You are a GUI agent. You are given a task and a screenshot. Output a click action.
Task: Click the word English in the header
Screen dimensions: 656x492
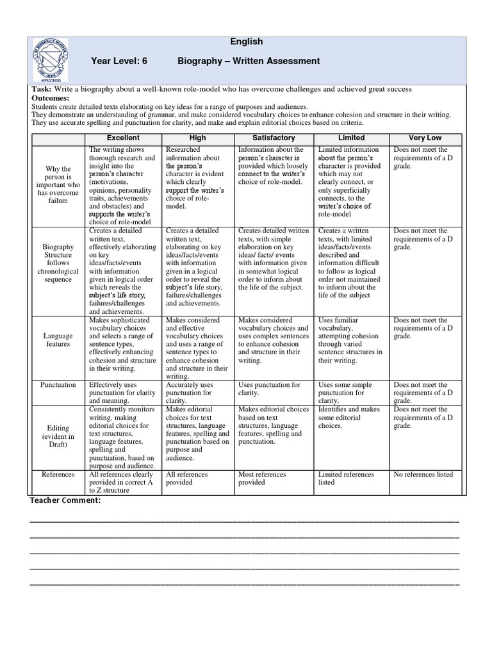click(x=246, y=42)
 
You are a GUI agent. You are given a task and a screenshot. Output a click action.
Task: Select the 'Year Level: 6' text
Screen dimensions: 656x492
click(x=119, y=61)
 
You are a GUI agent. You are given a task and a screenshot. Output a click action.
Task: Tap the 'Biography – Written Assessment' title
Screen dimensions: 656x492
click(x=248, y=61)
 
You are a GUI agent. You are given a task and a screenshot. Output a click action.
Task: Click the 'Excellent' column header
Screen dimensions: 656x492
click(x=123, y=138)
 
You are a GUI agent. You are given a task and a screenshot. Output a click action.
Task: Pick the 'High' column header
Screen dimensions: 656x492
click(x=198, y=138)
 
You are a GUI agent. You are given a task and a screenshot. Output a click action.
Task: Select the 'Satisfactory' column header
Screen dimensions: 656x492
click(x=274, y=138)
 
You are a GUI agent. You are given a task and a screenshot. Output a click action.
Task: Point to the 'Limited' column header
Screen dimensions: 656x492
click(x=351, y=138)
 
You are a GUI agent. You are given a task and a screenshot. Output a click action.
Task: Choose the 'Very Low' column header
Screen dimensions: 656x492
click(x=425, y=138)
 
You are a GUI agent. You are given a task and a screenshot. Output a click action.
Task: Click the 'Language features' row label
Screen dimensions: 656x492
click(x=58, y=340)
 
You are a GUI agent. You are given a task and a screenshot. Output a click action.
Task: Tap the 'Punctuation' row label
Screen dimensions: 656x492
click(x=58, y=385)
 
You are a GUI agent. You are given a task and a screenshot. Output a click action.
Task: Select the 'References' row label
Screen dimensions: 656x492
click(x=58, y=475)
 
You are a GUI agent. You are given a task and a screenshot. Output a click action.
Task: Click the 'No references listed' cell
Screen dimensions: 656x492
click(x=423, y=475)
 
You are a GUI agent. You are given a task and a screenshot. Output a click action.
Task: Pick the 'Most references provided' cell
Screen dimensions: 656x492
click(x=262, y=479)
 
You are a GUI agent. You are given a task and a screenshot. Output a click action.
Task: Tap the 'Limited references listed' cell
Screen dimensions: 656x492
click(x=346, y=479)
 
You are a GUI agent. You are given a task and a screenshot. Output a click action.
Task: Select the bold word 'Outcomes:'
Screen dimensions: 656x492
click(x=49, y=97)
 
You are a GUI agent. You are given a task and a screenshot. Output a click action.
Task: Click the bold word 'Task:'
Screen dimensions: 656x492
click(x=41, y=89)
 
